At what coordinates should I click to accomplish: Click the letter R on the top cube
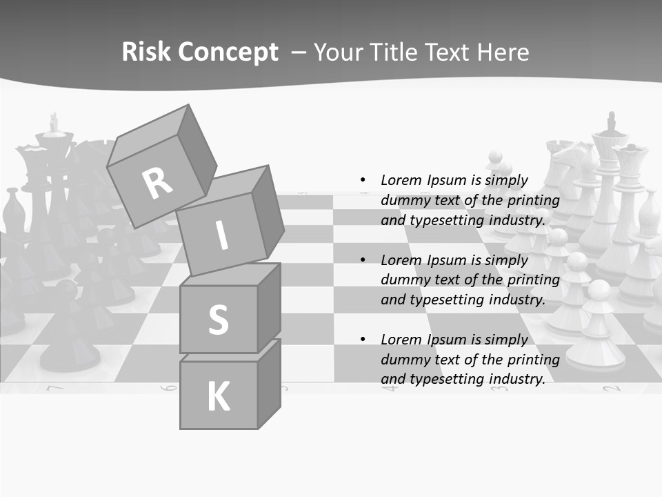point(157,184)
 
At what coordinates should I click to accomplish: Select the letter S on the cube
point(218,320)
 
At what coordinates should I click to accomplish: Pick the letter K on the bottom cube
point(218,397)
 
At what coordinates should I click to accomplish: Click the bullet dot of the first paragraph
point(363,180)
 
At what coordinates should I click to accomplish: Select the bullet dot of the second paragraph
point(363,260)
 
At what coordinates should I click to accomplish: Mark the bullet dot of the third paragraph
point(363,340)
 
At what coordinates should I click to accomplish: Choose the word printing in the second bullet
point(533,280)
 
